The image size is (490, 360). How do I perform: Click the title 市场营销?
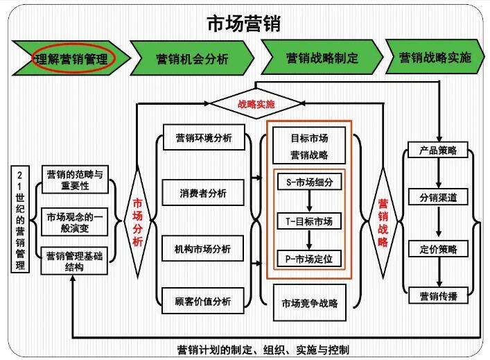(244, 23)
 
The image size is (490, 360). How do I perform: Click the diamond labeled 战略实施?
(256, 105)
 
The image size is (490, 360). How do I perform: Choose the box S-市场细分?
(309, 182)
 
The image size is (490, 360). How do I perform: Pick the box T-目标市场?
(309, 221)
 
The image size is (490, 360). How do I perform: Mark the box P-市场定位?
(309, 259)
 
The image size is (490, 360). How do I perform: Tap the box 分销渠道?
(438, 198)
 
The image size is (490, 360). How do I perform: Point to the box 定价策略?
(438, 248)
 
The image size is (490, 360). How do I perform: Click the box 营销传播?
(438, 296)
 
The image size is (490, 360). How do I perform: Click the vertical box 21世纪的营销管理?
(21, 219)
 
